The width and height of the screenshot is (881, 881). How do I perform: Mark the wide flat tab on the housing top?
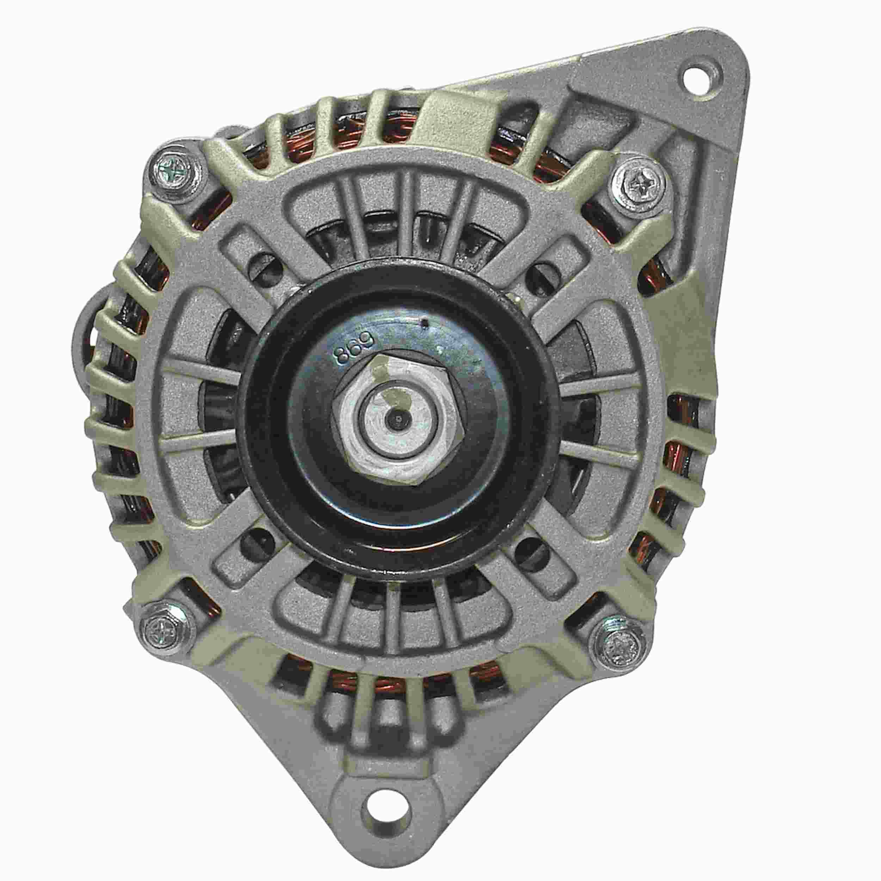click(x=461, y=118)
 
